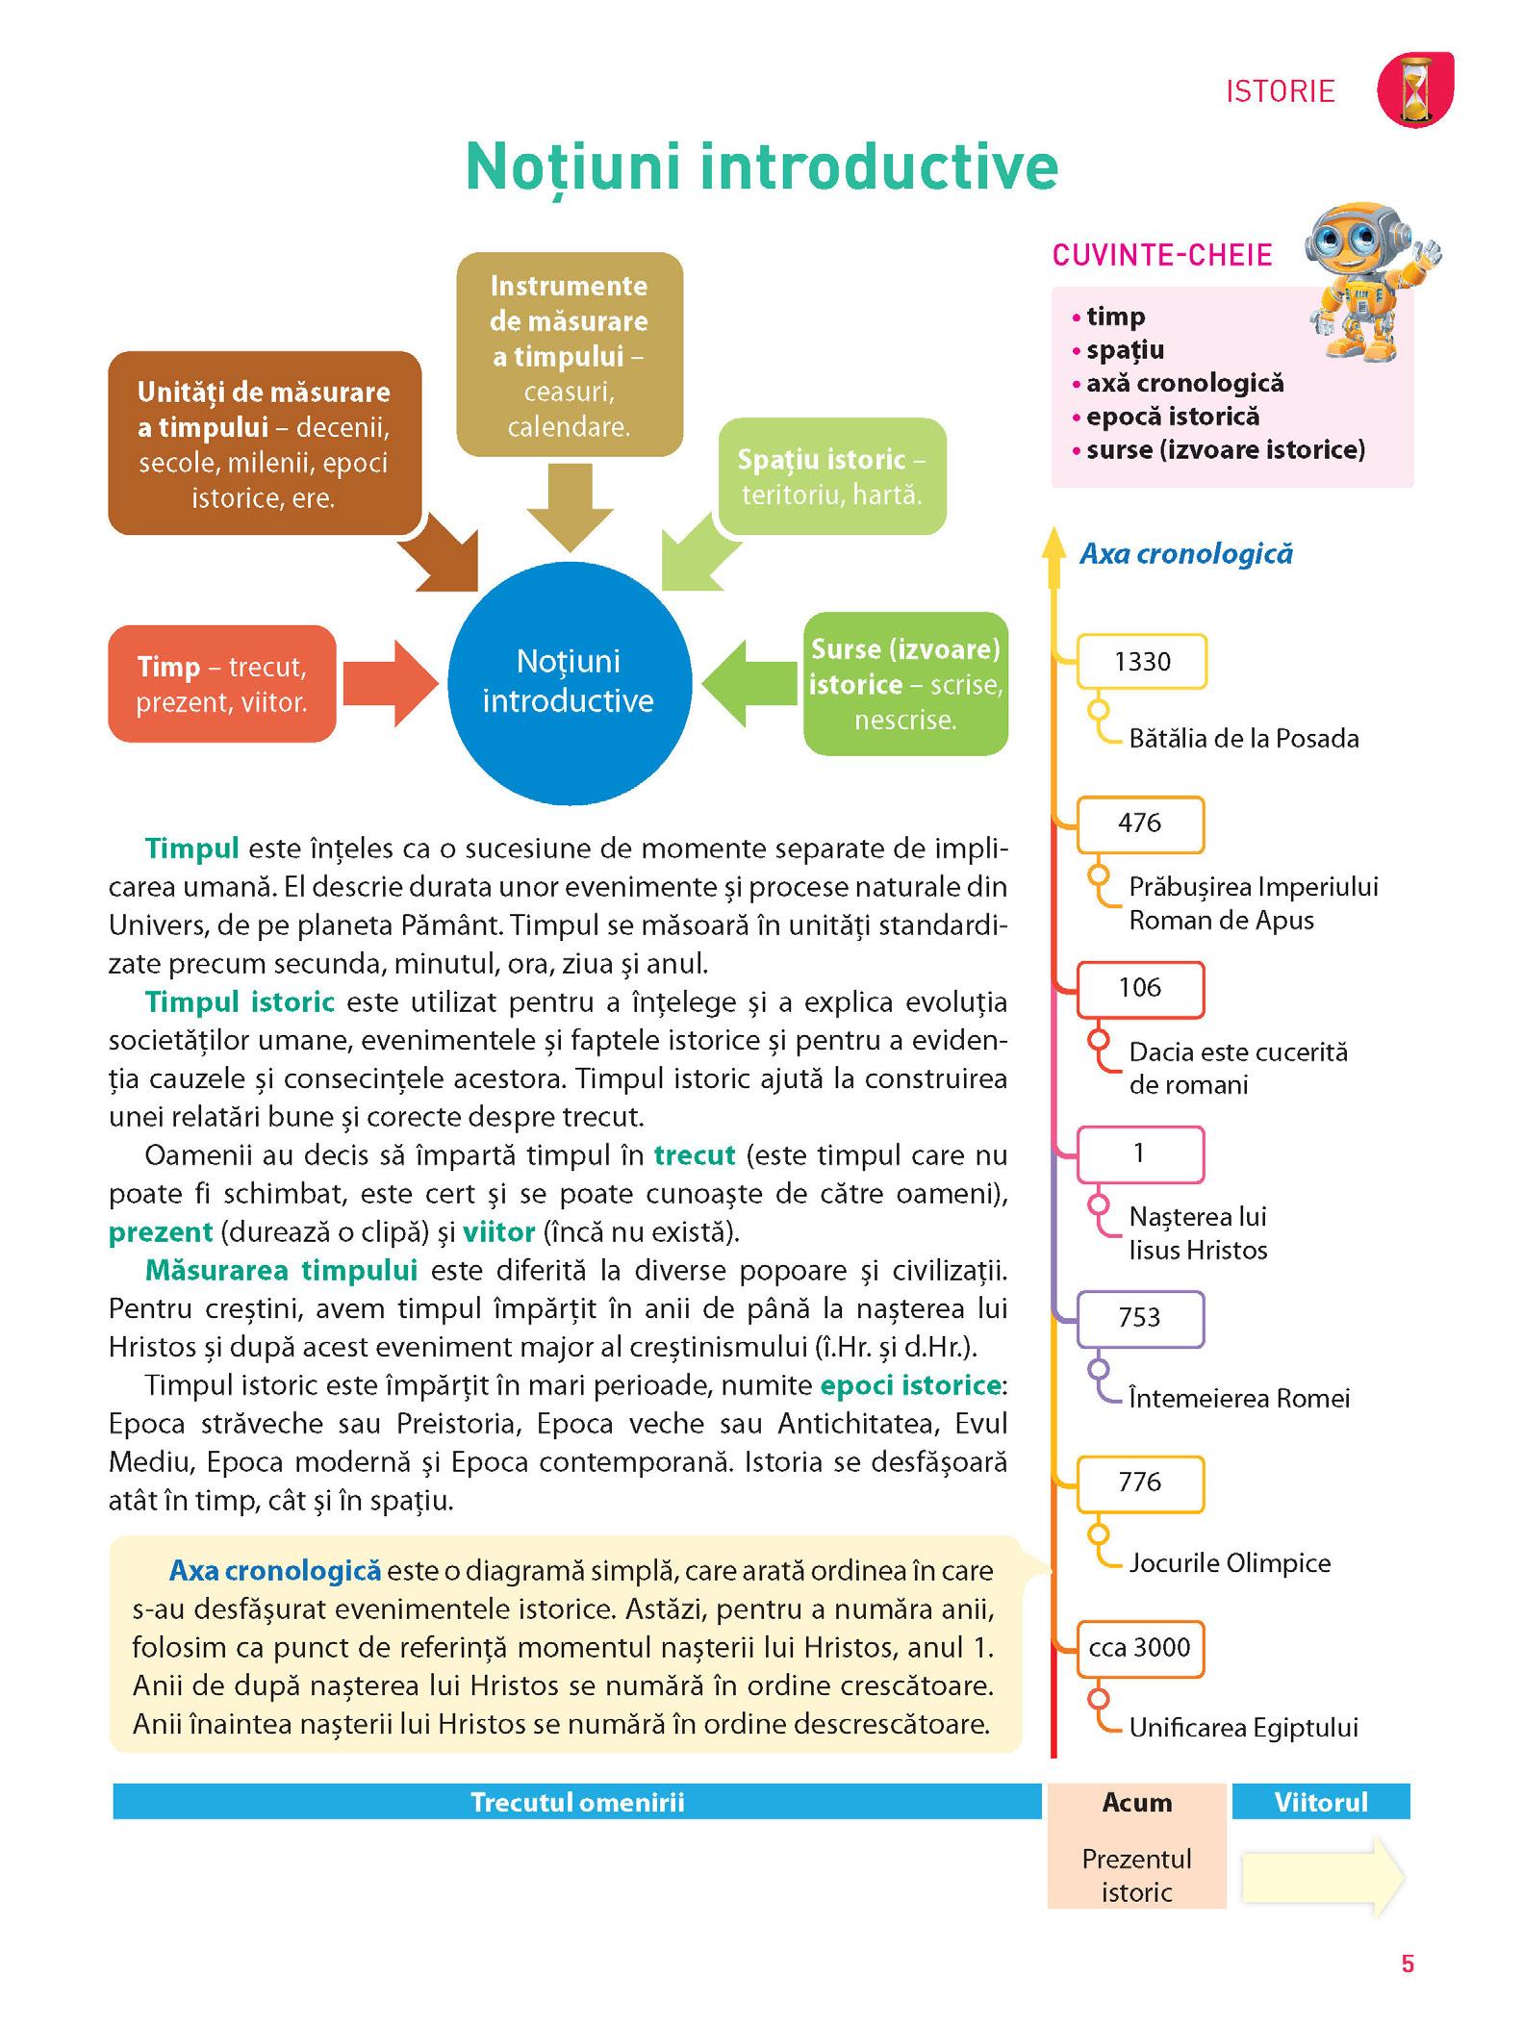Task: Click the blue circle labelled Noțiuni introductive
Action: click(569, 682)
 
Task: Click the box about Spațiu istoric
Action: click(831, 476)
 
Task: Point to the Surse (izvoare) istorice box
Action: click(905, 684)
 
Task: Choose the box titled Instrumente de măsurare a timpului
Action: click(569, 354)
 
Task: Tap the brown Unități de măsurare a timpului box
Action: click(264, 443)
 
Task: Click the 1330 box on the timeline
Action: click(1142, 662)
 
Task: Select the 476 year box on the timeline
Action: click(1140, 823)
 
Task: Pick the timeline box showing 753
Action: click(1140, 1318)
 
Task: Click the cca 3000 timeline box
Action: click(1140, 1647)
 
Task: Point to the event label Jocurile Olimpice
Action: click(1230, 1563)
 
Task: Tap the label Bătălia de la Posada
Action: click(1243, 739)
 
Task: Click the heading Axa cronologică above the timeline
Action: click(1186, 554)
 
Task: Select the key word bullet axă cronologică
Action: click(1184, 383)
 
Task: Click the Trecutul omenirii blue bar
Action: click(577, 1802)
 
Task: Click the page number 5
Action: click(1408, 1964)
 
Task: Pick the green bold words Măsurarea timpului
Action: click(281, 1271)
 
